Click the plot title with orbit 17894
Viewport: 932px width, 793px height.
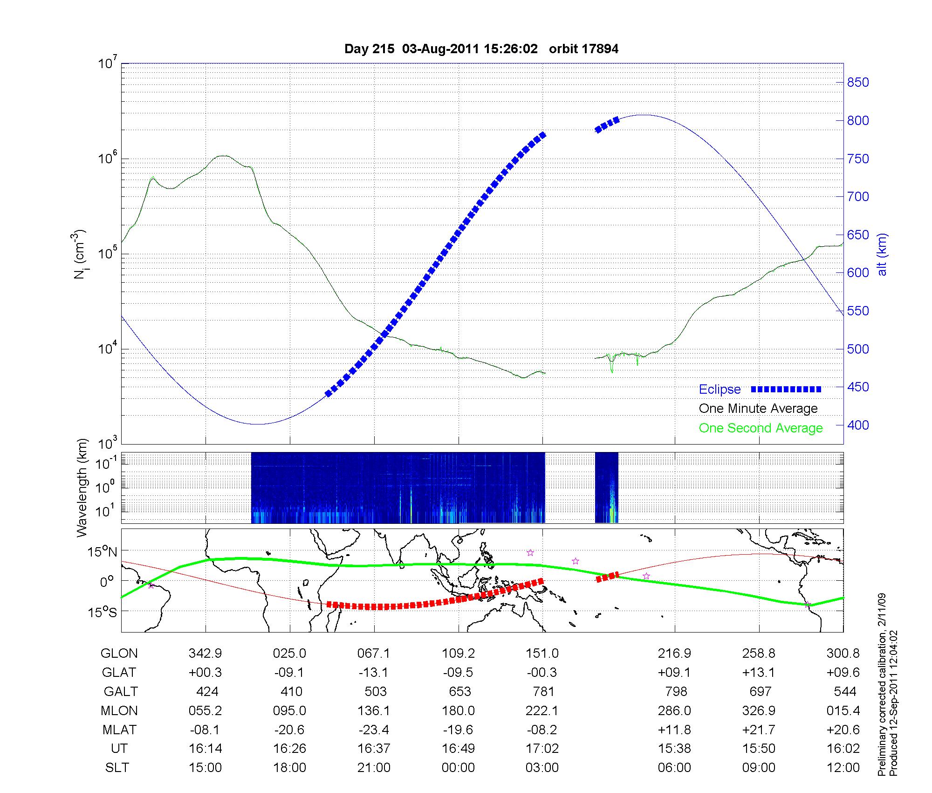pyautogui.click(x=481, y=49)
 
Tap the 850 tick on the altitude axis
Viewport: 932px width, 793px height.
pyautogui.click(x=857, y=83)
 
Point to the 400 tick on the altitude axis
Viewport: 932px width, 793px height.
pyautogui.click(x=857, y=425)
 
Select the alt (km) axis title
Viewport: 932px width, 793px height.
pyautogui.click(x=882, y=254)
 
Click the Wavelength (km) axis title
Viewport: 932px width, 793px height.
pyautogui.click(x=82, y=488)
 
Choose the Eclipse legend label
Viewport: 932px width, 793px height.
pyautogui.click(x=720, y=390)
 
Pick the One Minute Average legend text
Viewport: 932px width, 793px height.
pyautogui.click(x=758, y=409)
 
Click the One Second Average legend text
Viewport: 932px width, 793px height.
pyautogui.click(x=761, y=428)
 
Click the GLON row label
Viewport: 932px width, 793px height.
pyautogui.click(x=119, y=654)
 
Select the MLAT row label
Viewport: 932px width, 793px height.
pyautogui.click(x=119, y=730)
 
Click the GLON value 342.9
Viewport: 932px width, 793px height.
pyautogui.click(x=205, y=654)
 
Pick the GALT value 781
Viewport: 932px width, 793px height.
pyautogui.click(x=543, y=691)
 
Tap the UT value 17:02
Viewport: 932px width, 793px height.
pyautogui.click(x=542, y=749)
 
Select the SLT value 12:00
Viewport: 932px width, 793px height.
pyautogui.click(x=843, y=768)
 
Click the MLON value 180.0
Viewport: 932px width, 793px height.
pyautogui.click(x=459, y=710)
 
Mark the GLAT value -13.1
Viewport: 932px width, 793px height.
pyautogui.click(x=374, y=672)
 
